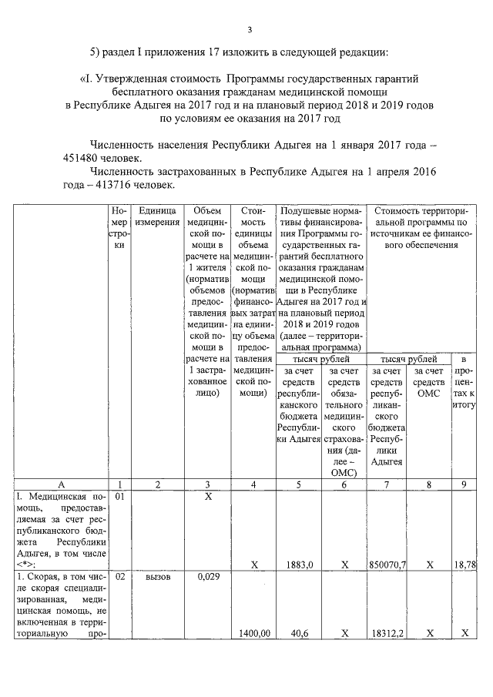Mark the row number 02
coord(119,576)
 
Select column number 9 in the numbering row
coord(463,484)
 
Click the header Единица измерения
coord(158,216)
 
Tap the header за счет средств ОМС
coord(429,382)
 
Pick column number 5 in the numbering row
coord(299,484)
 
